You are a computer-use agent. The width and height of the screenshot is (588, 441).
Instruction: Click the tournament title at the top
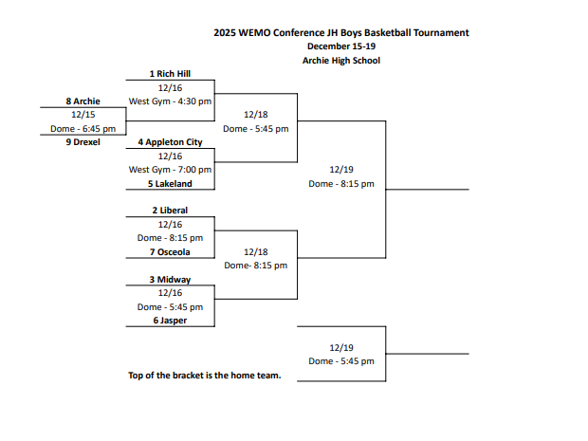click(341, 32)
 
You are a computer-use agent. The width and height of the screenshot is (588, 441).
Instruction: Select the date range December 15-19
click(341, 46)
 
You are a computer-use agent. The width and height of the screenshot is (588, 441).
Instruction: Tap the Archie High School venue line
click(341, 61)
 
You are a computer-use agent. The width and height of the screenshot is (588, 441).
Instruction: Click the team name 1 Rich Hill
click(170, 73)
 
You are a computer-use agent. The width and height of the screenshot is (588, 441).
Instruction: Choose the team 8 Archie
click(83, 101)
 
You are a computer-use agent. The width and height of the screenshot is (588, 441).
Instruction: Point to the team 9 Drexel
click(83, 142)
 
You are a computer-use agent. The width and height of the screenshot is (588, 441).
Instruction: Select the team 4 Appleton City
click(170, 142)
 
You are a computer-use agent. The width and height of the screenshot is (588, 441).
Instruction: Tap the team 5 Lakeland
click(170, 184)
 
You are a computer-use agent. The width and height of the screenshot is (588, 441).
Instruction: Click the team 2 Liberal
click(170, 211)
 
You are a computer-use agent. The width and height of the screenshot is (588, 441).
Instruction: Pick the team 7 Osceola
click(170, 252)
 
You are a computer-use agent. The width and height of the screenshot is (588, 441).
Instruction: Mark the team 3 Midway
click(170, 280)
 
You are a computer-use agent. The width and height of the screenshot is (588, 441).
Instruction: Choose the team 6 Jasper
click(170, 321)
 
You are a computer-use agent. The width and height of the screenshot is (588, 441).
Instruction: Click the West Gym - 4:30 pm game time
click(170, 101)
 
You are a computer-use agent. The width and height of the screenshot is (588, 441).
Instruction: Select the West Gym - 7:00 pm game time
click(170, 170)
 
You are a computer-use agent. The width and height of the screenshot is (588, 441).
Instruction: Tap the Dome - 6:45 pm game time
click(83, 128)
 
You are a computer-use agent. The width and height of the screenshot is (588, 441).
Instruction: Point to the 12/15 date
click(83, 114)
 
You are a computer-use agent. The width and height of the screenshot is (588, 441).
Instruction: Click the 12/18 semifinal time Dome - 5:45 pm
click(256, 128)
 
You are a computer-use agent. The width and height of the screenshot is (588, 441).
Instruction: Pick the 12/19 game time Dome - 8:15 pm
click(341, 184)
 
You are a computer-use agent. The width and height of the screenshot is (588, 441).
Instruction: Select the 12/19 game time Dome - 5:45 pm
click(341, 361)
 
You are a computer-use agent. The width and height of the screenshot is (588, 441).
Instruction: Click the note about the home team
click(205, 376)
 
